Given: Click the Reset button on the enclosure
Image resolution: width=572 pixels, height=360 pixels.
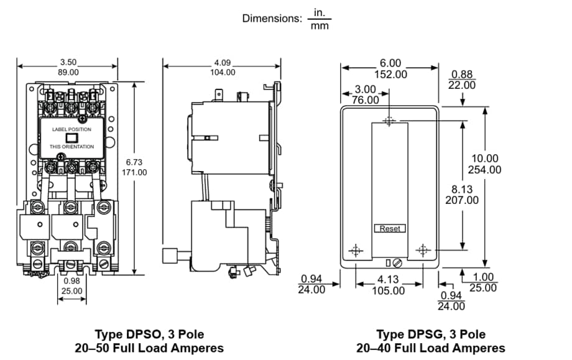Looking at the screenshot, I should coord(390,229).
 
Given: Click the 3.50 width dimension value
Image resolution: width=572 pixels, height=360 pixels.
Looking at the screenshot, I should coord(68,62).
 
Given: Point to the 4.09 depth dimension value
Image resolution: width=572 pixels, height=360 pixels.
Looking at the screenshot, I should coord(223,62).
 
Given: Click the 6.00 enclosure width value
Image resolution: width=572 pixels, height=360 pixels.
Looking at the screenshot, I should coord(390,63).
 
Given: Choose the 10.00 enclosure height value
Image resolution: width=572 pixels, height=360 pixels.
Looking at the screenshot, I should coord(484,159).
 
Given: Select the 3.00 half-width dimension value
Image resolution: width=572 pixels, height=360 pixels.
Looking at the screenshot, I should coord(366,90).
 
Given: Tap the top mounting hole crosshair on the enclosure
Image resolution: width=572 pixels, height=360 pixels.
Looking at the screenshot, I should coord(389,121).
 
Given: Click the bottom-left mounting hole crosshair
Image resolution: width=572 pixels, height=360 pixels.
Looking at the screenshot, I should coord(356,250).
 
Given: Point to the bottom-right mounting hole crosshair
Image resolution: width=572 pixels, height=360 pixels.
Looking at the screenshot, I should coord(423,250).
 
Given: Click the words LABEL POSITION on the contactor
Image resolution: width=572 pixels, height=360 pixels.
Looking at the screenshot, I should coord(71,129).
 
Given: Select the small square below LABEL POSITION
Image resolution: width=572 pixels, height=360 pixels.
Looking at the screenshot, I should coord(71,138).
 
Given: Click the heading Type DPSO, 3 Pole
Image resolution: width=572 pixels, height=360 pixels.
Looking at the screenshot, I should coord(149,335).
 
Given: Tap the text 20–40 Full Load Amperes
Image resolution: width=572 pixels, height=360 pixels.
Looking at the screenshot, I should coord(431,348).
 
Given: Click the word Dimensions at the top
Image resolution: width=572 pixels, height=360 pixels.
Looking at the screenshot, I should coord(272,19).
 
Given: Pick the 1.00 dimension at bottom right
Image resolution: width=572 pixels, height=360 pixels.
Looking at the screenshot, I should coord(483,277).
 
